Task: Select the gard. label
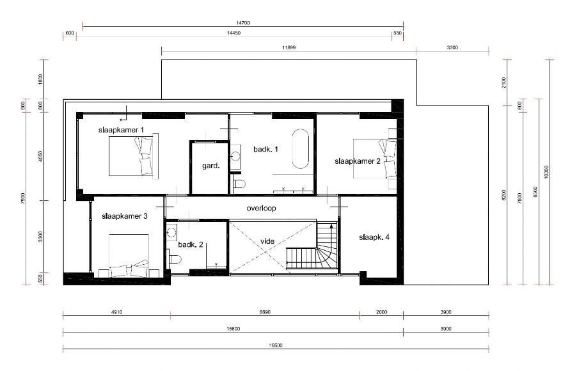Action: click(x=211, y=166)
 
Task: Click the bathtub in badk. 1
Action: click(x=301, y=150)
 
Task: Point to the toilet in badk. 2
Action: click(x=177, y=258)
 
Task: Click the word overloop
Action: click(x=265, y=209)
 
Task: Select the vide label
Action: click(x=268, y=242)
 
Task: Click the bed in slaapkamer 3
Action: click(x=130, y=255)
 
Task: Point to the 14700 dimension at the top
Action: click(x=242, y=23)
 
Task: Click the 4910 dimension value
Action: click(x=116, y=312)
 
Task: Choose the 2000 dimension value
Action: click(x=381, y=312)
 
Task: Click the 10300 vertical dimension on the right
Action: click(x=546, y=171)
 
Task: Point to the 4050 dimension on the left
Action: click(x=41, y=159)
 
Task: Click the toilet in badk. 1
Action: click(x=240, y=185)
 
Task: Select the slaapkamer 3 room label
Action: click(x=125, y=216)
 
